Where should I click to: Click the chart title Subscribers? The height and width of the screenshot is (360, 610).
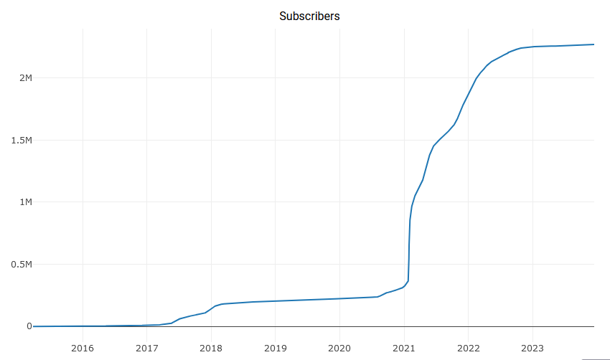click(309, 16)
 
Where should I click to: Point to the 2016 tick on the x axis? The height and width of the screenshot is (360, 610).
click(83, 349)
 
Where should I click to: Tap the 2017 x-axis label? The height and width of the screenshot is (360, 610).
click(147, 349)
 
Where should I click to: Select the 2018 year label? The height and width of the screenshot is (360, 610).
click(211, 349)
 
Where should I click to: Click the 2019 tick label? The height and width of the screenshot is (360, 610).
click(276, 349)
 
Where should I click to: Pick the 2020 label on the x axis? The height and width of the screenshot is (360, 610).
click(339, 349)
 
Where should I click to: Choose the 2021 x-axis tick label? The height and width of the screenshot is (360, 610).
click(404, 349)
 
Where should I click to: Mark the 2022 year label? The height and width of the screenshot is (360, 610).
click(468, 349)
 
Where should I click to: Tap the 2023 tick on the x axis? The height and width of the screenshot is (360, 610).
click(532, 349)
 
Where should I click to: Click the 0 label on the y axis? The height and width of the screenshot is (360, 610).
click(29, 326)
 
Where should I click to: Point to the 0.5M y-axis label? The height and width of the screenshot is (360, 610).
click(21, 265)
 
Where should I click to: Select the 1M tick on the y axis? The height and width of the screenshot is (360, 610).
click(26, 202)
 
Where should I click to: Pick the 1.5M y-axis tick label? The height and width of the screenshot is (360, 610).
click(21, 140)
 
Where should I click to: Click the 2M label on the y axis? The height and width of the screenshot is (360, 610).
click(26, 77)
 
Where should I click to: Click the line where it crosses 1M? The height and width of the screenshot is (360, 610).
click(412, 202)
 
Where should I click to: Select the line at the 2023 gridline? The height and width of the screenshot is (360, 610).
click(532, 47)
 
